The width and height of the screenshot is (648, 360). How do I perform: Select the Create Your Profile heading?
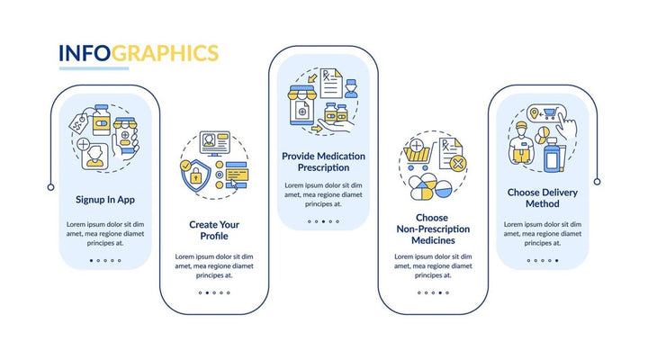coord(215,230)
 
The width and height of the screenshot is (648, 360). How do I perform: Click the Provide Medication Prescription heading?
coord(324,162)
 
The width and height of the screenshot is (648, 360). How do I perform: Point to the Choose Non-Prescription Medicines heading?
coord(432,229)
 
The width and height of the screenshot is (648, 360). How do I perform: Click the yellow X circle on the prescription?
coord(458,164)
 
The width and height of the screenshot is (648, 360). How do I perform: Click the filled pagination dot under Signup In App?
coord(91,260)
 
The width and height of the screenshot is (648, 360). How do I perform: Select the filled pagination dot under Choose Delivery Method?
coord(556,260)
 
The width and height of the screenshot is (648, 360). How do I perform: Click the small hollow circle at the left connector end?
coord(50,187)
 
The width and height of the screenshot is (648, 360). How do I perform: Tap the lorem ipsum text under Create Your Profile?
coord(215,265)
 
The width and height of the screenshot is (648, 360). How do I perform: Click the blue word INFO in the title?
coord(85,53)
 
